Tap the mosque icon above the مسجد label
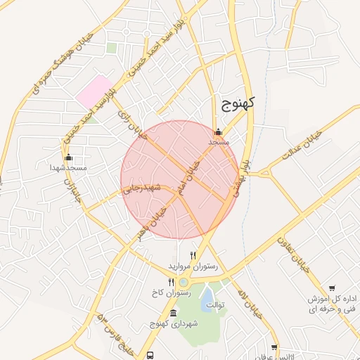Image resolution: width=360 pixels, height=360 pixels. point(218,131)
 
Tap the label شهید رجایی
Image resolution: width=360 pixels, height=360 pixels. point(142,188)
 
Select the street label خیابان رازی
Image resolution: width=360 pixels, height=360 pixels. point(131,124)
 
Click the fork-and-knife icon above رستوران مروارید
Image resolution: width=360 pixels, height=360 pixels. point(193,255)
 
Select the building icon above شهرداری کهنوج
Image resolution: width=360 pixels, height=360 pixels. point(174,312)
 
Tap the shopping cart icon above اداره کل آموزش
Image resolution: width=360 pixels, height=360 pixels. point(332,288)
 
